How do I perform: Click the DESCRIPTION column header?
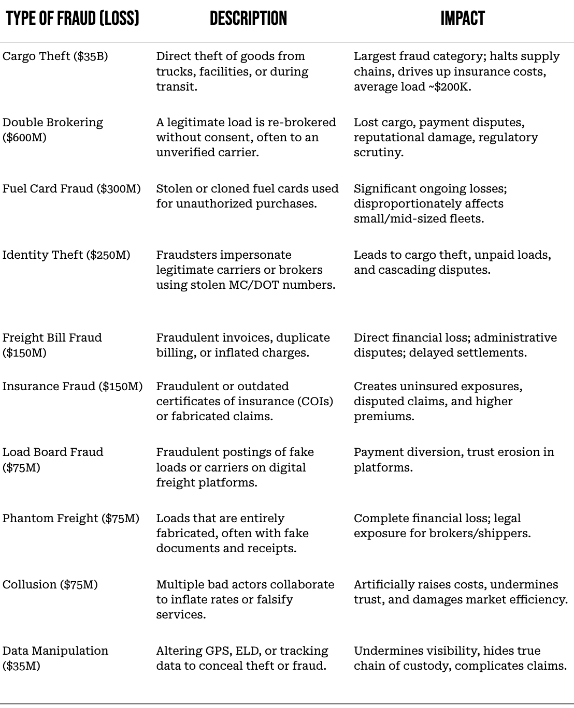(248, 19)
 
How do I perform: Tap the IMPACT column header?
(463, 19)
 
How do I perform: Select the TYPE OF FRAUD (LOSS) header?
(73, 19)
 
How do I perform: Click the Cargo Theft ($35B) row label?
(55, 56)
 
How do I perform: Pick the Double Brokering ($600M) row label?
(52, 130)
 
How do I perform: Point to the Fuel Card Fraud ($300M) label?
(71, 189)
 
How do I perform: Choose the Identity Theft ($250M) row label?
(66, 255)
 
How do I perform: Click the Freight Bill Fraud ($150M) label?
(52, 345)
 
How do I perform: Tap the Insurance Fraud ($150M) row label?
(72, 387)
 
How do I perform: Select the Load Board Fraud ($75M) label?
(52, 460)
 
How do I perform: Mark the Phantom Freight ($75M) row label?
(70, 519)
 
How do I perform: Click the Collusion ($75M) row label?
(50, 585)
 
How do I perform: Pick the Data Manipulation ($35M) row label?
(55, 658)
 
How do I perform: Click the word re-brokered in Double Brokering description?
(304, 123)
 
